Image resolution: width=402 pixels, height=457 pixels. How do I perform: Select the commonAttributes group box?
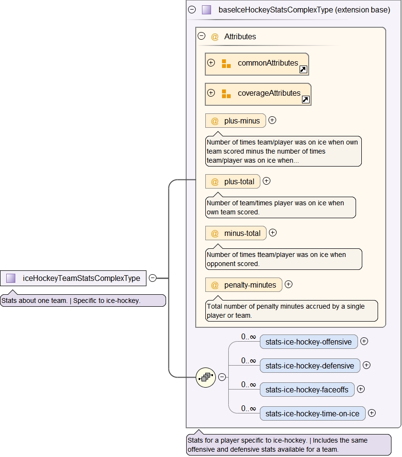(257, 64)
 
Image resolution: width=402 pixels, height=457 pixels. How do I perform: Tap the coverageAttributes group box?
(258, 94)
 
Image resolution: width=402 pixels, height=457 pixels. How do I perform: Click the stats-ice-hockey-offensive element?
(309, 342)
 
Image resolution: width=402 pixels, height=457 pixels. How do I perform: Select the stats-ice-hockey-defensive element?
(310, 366)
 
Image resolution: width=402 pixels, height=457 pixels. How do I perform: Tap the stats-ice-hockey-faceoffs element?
(307, 390)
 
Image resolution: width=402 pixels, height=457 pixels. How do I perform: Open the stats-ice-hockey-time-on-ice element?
(312, 413)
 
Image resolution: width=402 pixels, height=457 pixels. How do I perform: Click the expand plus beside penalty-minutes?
(289, 284)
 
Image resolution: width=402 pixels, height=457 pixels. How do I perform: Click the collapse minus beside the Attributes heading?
(201, 36)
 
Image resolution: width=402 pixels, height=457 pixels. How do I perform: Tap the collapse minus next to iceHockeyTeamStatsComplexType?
(153, 278)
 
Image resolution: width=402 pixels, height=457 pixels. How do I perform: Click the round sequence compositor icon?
(206, 377)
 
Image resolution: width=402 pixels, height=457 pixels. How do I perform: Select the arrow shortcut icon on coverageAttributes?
(306, 100)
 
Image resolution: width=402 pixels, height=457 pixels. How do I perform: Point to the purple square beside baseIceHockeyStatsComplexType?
(206, 10)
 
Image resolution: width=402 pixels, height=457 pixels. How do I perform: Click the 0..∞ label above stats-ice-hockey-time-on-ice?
(248, 408)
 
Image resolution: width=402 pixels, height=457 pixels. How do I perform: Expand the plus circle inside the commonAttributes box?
(211, 63)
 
